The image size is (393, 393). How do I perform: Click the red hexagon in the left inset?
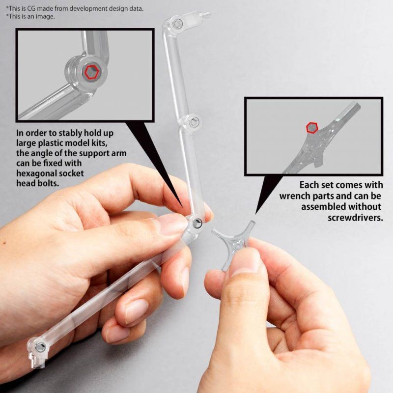[x=91, y=73]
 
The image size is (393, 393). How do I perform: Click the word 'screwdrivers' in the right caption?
[x=355, y=217]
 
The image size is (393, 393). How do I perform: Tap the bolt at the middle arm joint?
[x=195, y=122]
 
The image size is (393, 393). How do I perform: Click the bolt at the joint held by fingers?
[x=196, y=224]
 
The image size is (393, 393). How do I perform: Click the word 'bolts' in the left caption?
[x=55, y=183]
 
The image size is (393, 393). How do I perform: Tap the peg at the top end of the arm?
[x=205, y=15]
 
